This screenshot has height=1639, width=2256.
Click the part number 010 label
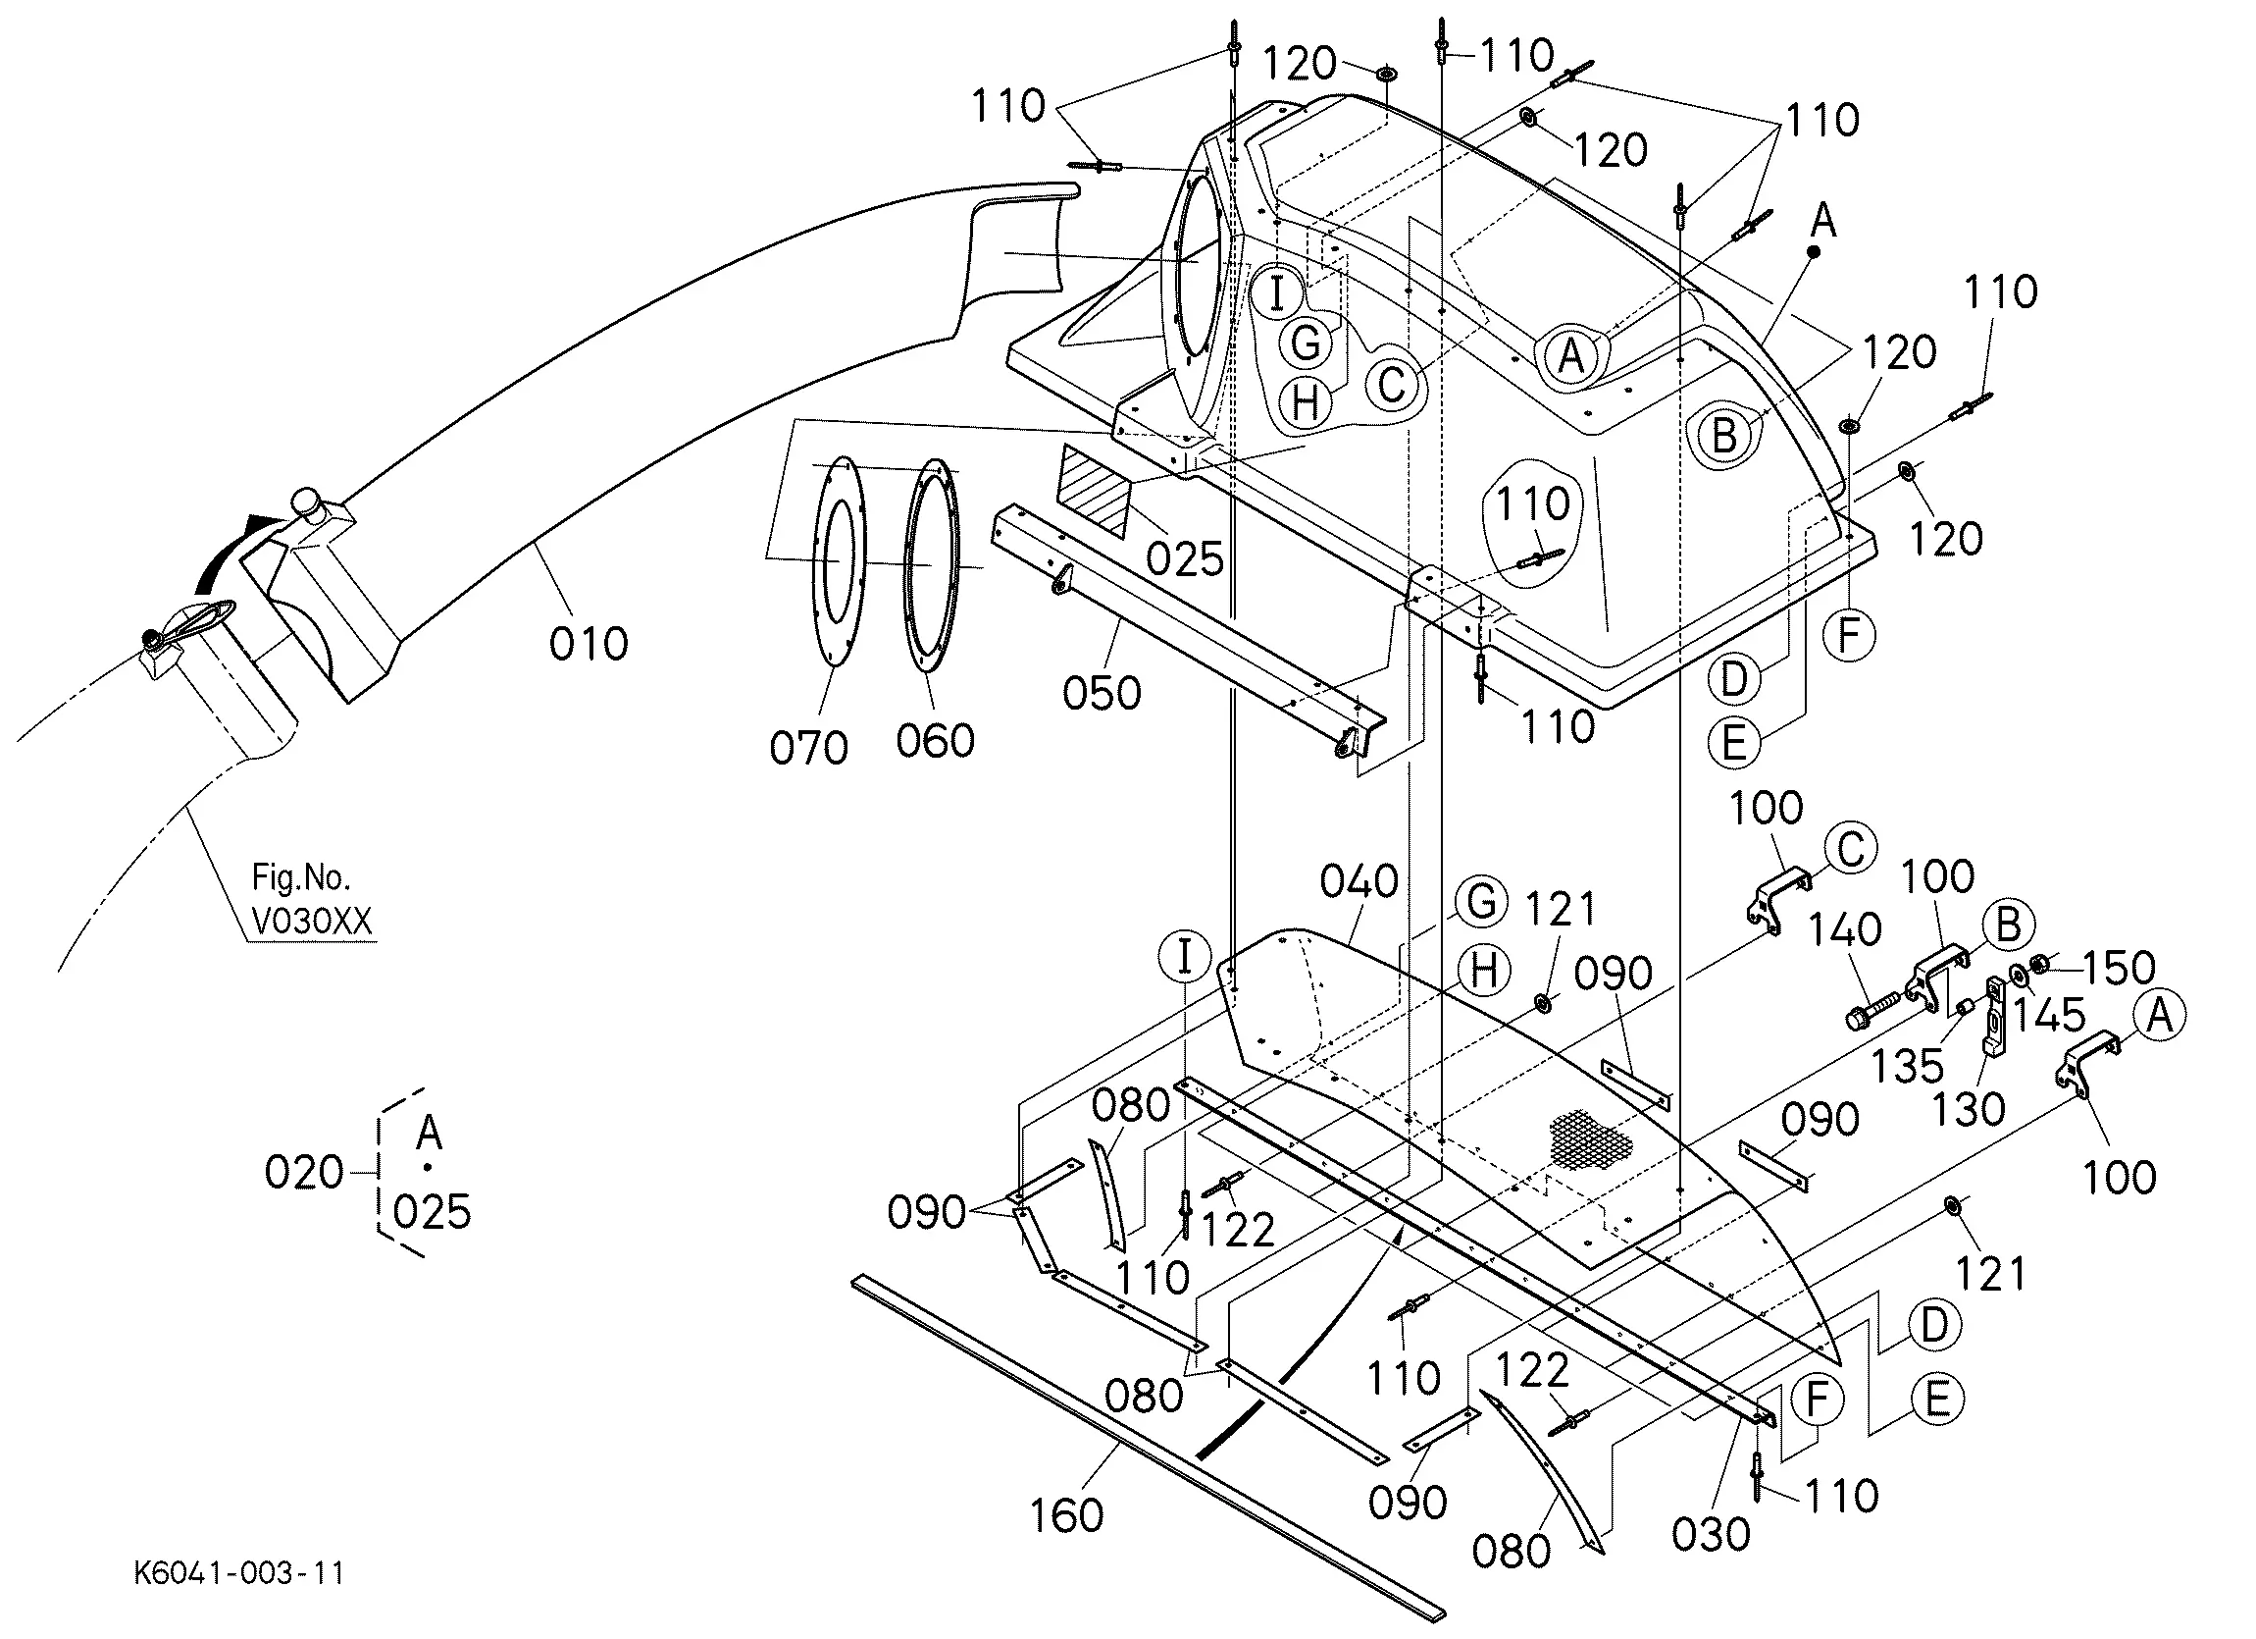coord(589,644)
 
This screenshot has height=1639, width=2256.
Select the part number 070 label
coord(808,747)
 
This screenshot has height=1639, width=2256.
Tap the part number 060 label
coord(935,740)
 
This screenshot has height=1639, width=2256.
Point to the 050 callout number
coord(1102,693)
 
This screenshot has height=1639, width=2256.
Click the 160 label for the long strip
coord(1066,1515)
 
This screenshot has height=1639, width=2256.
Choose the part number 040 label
coord(1359,880)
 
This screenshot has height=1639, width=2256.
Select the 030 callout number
coord(1711,1535)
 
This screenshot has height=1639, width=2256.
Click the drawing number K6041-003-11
coord(238,1573)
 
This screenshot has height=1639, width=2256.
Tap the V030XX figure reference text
coord(312,922)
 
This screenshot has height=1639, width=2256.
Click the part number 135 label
coord(1907,1066)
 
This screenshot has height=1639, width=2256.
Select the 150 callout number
coord(2119,968)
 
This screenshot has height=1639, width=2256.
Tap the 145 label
coord(2049,1015)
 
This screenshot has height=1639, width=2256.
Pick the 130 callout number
coord(1969,1109)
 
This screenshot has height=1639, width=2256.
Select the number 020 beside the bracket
coord(303,1172)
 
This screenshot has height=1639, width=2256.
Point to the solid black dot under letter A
coord(1813,252)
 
